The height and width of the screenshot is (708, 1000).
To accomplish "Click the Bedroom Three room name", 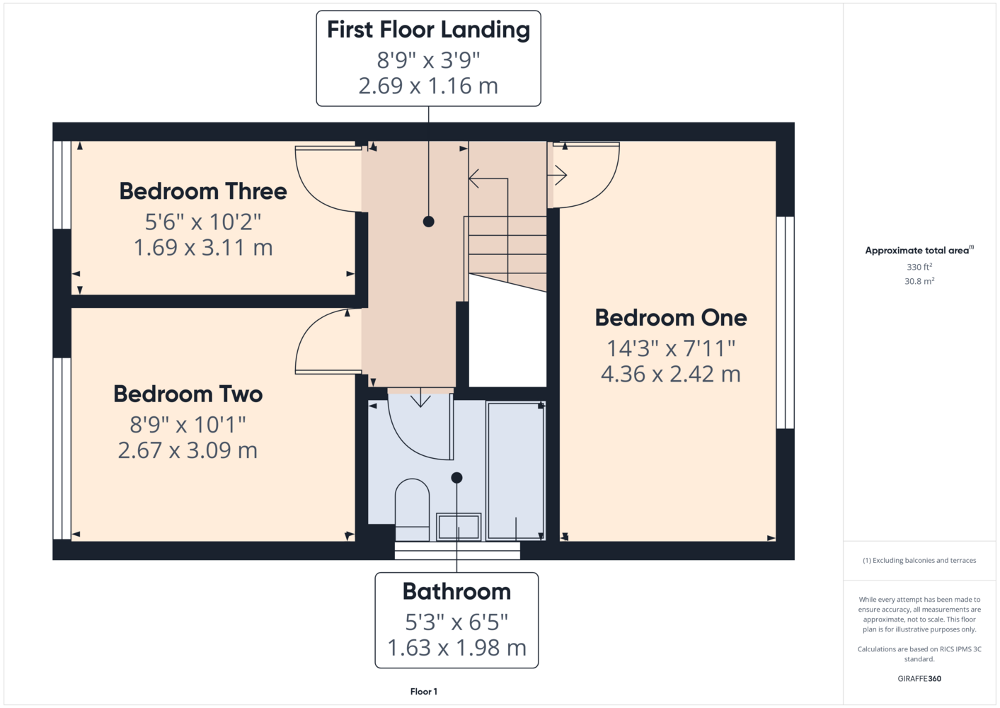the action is tap(203, 191).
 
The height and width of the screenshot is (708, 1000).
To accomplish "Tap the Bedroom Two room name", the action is tap(188, 394).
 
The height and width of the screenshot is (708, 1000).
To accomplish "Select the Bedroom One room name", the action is tap(670, 318).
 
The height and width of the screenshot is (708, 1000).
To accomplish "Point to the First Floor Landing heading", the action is tap(429, 30).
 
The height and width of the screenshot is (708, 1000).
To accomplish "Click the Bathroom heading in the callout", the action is tap(456, 591).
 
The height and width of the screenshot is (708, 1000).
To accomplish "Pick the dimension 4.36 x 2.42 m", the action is tap(670, 375).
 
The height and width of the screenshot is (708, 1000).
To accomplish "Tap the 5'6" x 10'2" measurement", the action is tap(203, 222).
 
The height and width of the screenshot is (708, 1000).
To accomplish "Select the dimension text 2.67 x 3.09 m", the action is tap(188, 450).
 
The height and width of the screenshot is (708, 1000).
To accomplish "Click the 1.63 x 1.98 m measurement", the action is tap(456, 648).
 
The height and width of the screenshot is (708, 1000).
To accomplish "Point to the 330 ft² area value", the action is tap(919, 267).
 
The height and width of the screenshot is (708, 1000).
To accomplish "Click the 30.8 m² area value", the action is tap(919, 281).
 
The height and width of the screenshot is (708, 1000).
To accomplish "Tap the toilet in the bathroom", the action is tap(412, 510).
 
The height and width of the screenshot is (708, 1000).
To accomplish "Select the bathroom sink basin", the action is tap(459, 527).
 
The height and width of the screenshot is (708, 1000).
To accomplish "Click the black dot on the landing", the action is tap(429, 222).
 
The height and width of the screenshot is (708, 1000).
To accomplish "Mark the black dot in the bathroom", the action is tap(456, 478).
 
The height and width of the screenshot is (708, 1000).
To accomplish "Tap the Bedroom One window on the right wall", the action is tap(786, 323).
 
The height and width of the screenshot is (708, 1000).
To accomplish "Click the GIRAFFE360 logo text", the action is tap(919, 678).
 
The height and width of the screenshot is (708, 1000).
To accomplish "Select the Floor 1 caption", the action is tap(424, 692).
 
